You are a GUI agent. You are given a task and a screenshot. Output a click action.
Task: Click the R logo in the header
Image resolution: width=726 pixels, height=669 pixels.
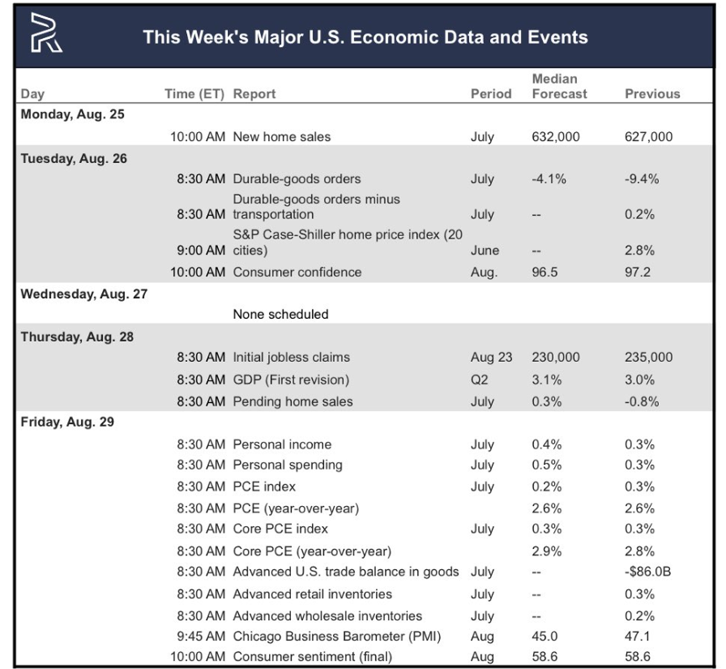click(x=46, y=36)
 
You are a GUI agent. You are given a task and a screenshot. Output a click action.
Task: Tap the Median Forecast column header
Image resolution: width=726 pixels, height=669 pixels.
click(x=559, y=86)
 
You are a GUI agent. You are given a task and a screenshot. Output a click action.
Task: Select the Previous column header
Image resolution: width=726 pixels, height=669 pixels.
click(x=652, y=94)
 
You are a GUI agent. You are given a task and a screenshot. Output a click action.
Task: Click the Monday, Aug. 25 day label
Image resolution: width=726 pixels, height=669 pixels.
click(x=72, y=114)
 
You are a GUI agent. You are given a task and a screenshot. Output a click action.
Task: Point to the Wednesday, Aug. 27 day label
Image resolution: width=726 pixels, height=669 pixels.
click(x=84, y=293)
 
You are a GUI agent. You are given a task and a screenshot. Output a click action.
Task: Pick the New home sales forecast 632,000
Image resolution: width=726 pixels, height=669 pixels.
click(x=555, y=136)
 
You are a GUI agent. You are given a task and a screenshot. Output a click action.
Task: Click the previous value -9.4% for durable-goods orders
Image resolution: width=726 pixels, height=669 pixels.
click(x=641, y=179)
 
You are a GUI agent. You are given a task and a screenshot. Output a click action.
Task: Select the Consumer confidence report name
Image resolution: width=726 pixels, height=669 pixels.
click(x=297, y=272)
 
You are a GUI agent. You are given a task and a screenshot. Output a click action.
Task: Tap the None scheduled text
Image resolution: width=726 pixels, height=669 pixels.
click(x=280, y=314)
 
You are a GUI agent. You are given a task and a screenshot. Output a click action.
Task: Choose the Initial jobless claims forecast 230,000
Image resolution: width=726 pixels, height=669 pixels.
click(x=555, y=358)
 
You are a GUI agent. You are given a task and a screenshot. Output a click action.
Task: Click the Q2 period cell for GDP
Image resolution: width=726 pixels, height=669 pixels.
click(x=480, y=380)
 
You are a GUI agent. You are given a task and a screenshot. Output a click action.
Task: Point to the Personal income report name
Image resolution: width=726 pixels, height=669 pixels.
click(x=282, y=445)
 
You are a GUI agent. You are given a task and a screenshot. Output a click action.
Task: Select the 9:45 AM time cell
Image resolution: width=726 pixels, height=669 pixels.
click(x=200, y=637)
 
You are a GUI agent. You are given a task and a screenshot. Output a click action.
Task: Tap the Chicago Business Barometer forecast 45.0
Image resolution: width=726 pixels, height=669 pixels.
click(x=544, y=637)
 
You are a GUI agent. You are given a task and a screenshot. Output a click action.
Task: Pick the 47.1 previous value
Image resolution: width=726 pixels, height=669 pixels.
click(x=637, y=637)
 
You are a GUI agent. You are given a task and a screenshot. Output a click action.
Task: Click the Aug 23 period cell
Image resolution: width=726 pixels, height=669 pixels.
click(x=491, y=358)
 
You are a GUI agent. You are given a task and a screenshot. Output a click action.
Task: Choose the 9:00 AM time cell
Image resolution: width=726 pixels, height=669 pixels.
click(x=200, y=250)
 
